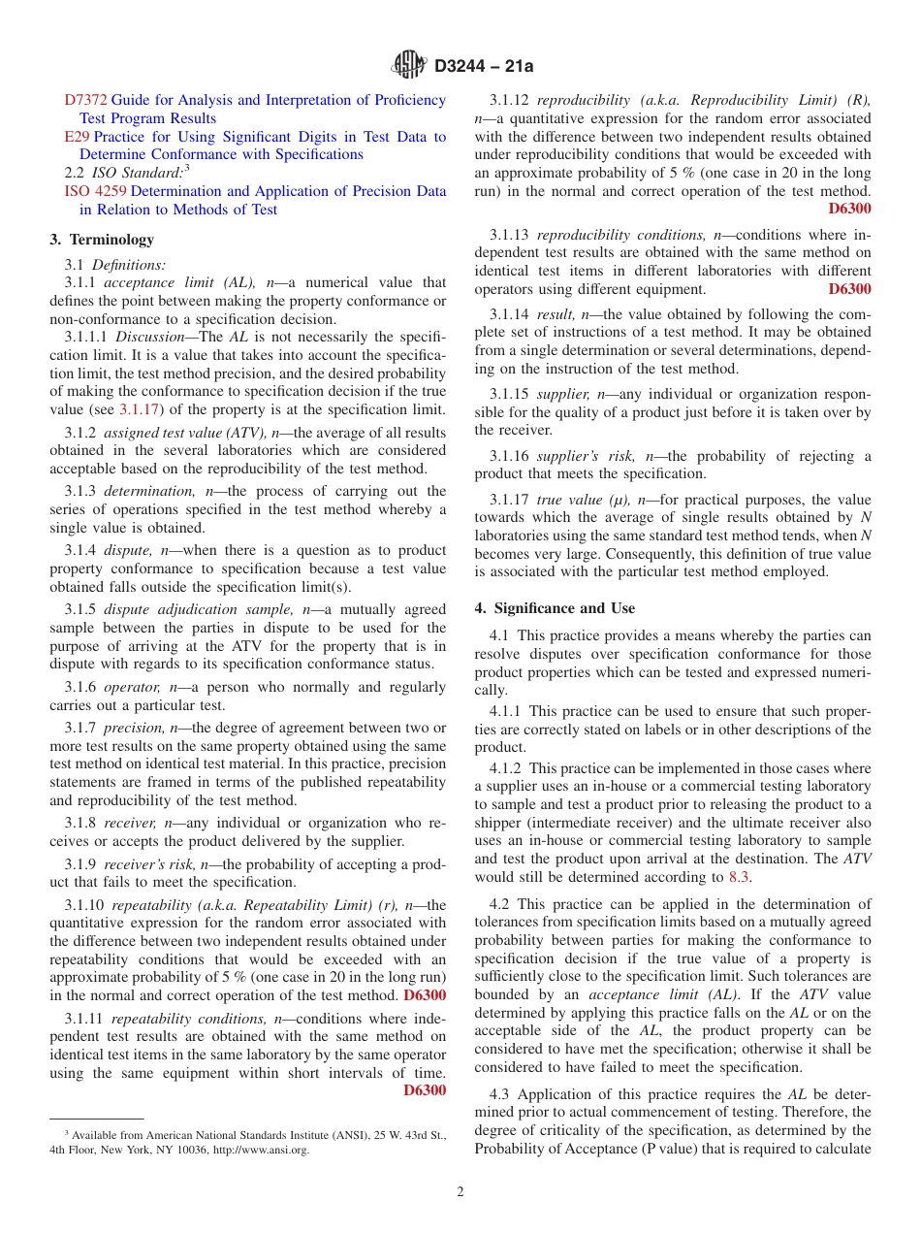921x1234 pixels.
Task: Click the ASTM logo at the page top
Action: (408, 65)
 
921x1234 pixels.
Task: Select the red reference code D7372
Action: (85, 100)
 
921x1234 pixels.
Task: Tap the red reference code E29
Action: (76, 137)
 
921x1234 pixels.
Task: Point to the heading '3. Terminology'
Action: (102, 240)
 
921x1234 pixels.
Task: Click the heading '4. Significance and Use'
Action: (555, 608)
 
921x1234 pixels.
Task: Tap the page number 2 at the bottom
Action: (460, 1192)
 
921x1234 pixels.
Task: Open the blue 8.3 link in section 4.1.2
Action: (739, 877)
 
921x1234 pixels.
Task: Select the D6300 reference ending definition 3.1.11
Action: (425, 1090)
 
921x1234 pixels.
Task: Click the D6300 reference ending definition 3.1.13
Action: (849, 289)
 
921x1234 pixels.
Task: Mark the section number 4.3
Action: (499, 1094)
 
